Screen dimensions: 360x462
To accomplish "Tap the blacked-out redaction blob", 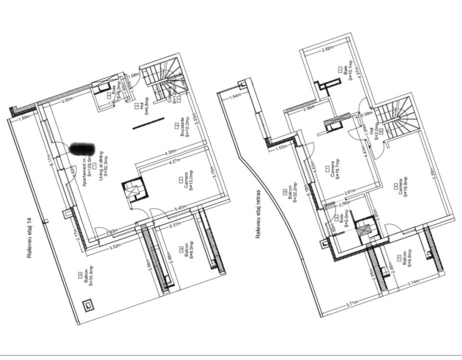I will click(81, 148).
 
